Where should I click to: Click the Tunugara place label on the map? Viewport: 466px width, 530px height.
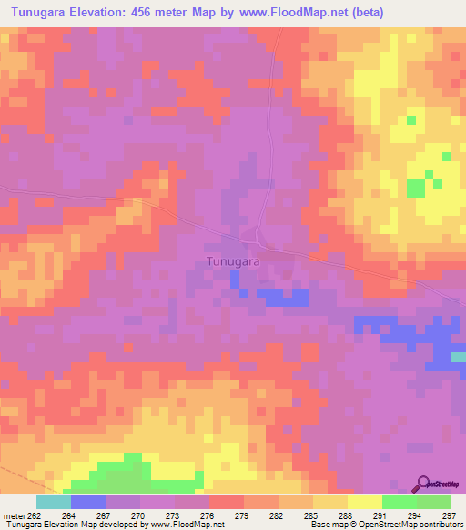[x=228, y=261]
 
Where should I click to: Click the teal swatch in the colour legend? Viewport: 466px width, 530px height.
[x=53, y=502]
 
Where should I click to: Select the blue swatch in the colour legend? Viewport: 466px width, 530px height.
[x=87, y=502]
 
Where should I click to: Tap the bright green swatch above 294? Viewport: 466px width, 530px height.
[x=399, y=502]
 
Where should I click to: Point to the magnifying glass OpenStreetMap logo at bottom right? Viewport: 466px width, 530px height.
[x=423, y=484]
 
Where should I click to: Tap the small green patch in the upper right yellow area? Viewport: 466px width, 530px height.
[x=417, y=187]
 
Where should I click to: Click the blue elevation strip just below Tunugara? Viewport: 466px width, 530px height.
[x=282, y=296]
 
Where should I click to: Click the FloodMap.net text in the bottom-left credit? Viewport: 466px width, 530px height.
[x=196, y=525]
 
